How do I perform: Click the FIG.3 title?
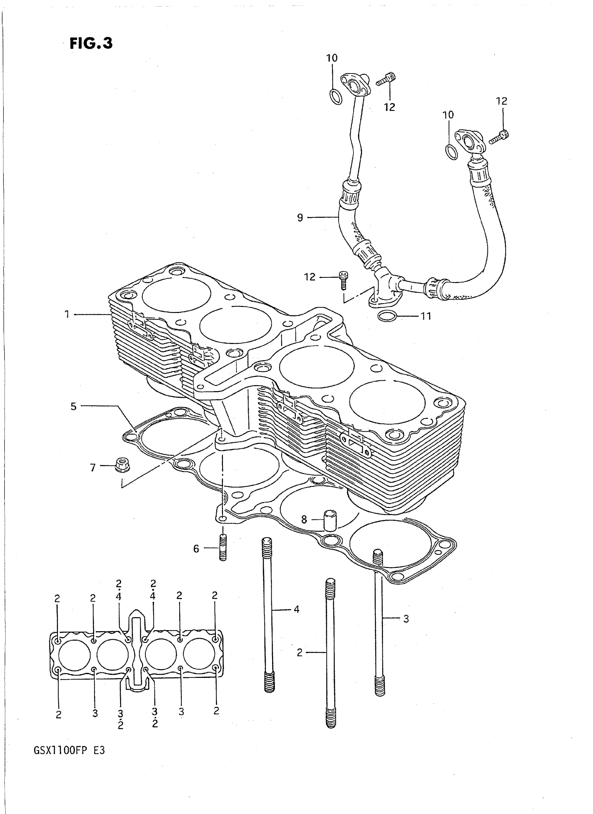tap(91, 44)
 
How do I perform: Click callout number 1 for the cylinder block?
tap(67, 315)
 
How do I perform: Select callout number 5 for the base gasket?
tap(74, 407)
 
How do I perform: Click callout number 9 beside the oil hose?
tap(300, 218)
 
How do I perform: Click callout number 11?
tap(425, 316)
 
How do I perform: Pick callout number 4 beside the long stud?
tap(296, 609)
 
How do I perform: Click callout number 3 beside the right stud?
tap(406, 619)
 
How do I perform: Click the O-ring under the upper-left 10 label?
tap(335, 97)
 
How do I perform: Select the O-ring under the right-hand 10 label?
tap(451, 152)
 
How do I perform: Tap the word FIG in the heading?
tap(82, 44)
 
